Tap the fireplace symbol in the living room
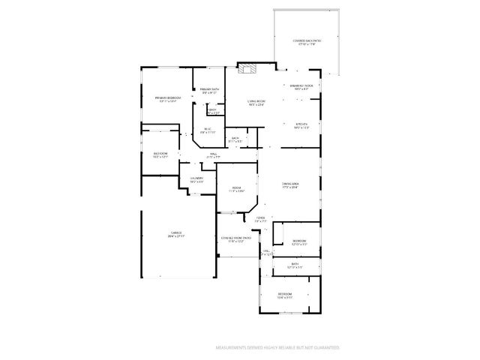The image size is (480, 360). [x=247, y=71]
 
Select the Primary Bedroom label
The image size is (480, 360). [x=168, y=99]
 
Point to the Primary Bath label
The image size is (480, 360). [x=209, y=91]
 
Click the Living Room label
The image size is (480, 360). [x=256, y=103]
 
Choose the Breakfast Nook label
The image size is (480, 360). [x=301, y=87]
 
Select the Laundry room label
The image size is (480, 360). [x=196, y=180]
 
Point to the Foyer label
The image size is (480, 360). [x=260, y=220]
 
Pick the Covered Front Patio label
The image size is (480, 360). [x=236, y=240]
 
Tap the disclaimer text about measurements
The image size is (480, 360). [x=277, y=348]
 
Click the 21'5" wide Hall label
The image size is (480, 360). [x=214, y=155]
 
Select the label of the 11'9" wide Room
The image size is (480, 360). [x=236, y=190]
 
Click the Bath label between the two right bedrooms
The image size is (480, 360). [x=295, y=265]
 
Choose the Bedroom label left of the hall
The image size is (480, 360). [x=160, y=155]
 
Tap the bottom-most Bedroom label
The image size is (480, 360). [x=285, y=295]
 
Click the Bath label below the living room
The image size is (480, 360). [x=235, y=139]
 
